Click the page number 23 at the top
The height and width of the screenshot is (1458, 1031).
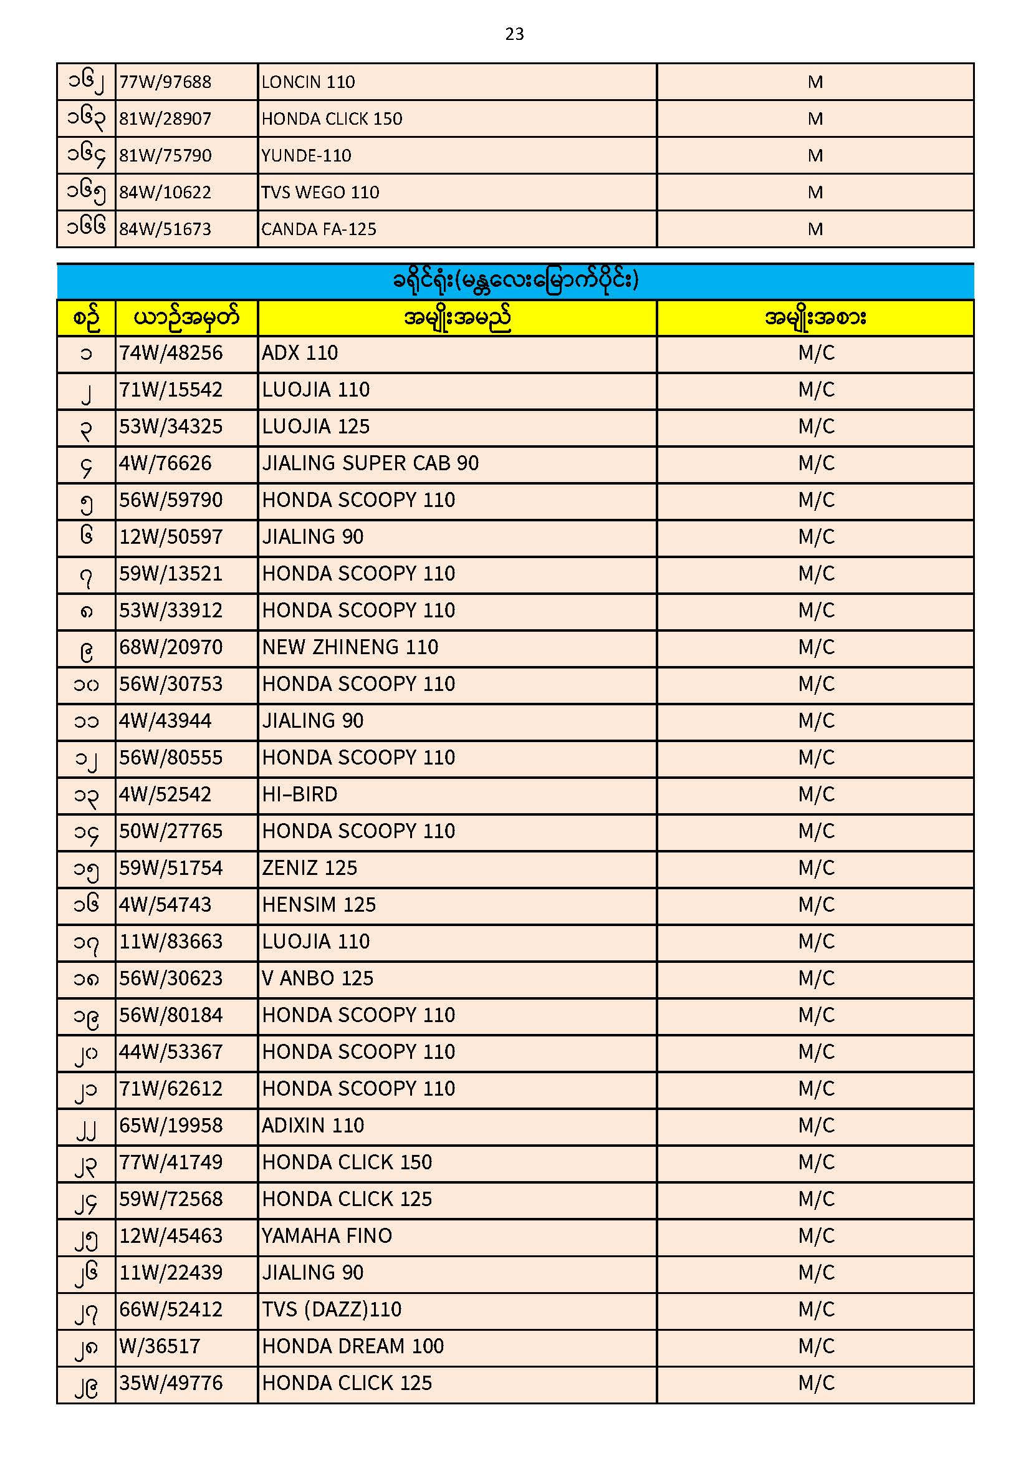pyautogui.click(x=514, y=34)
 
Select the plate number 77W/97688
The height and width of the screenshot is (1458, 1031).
pyautogui.click(x=165, y=82)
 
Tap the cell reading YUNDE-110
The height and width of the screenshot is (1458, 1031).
pyautogui.click(x=306, y=155)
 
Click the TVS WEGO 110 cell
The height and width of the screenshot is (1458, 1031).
pyautogui.click(x=320, y=193)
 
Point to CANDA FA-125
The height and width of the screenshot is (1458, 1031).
pyautogui.click(x=319, y=229)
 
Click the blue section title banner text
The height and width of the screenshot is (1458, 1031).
pyautogui.click(x=515, y=280)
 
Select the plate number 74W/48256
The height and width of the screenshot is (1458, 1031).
pyautogui.click(x=171, y=353)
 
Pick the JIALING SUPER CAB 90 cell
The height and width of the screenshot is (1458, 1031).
pyautogui.click(x=370, y=463)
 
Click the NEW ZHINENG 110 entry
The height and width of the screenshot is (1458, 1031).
pyautogui.click(x=350, y=648)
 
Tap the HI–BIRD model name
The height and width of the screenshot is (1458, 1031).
pyautogui.click(x=300, y=795)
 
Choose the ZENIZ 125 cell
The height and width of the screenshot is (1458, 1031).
pyautogui.click(x=309, y=868)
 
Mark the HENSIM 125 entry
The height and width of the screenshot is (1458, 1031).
pyautogui.click(x=319, y=905)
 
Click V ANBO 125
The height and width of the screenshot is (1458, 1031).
pyautogui.click(x=317, y=978)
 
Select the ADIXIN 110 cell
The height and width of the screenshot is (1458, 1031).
pyautogui.click(x=313, y=1126)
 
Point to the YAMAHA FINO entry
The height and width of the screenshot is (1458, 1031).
pyautogui.click(x=327, y=1237)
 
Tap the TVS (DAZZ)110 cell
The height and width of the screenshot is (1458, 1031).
pyautogui.click(x=332, y=1310)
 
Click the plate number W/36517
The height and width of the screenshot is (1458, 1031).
pyautogui.click(x=160, y=1347)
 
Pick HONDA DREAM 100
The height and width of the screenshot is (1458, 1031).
pyautogui.click(x=352, y=1347)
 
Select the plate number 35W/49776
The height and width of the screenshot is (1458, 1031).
pyautogui.click(x=171, y=1384)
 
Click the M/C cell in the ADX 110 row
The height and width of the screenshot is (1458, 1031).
pyautogui.click(x=816, y=353)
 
